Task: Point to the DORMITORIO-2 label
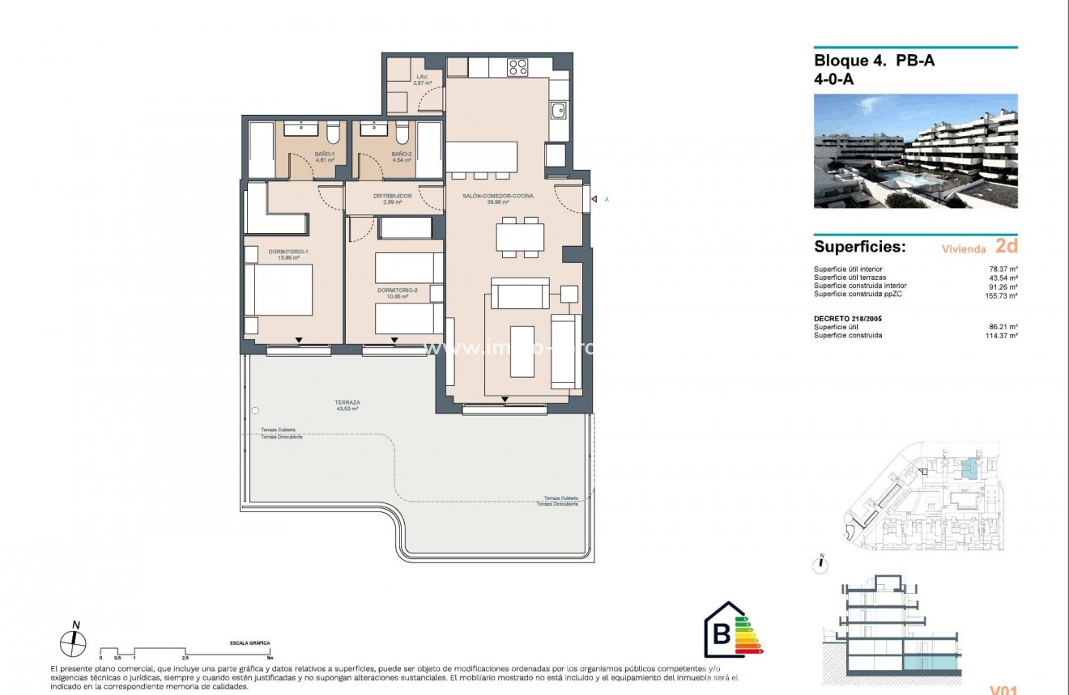coord(397,290)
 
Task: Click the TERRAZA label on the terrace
coord(347,402)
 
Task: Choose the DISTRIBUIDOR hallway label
coord(393,196)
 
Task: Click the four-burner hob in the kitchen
coord(518,68)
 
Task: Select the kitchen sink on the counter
coord(558,110)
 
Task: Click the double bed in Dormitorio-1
coord(279,290)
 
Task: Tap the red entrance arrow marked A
coord(594,199)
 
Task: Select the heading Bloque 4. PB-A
coord(874,60)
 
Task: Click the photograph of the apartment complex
coord(915,151)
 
